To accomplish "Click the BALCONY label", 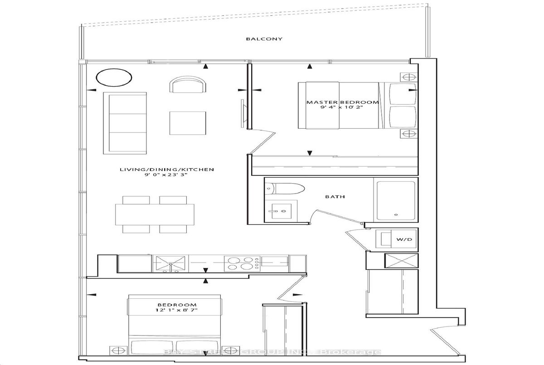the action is [x=264, y=39].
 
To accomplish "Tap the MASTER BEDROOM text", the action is [x=342, y=102].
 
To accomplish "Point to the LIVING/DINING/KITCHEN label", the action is [x=167, y=170].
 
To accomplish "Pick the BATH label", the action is [x=335, y=197].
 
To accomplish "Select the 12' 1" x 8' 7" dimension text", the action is [x=176, y=310].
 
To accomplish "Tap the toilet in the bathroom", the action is [x=285, y=189].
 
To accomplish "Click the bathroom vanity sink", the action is [x=281, y=211].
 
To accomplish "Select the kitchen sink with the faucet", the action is [x=170, y=264].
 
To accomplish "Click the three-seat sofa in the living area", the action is [x=125, y=123].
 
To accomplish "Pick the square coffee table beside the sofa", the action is [x=188, y=123].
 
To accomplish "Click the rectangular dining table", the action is [x=155, y=214].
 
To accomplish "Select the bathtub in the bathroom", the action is [x=396, y=200].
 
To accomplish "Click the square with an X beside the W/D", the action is [x=402, y=261].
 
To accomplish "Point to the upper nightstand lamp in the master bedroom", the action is [x=409, y=77].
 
